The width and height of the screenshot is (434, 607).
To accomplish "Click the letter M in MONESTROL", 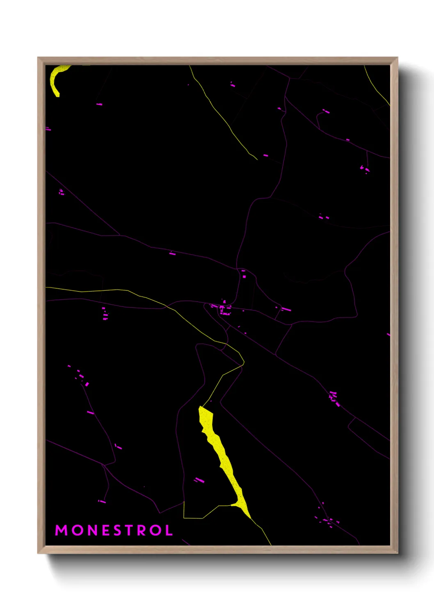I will pyautogui.click(x=61, y=530).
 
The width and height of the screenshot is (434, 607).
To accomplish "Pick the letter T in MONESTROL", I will pyautogui.click(x=130, y=530).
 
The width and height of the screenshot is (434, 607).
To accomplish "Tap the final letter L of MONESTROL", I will pyautogui.click(x=169, y=530).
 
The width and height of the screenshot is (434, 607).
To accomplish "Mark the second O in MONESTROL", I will pyautogui.click(x=155, y=530).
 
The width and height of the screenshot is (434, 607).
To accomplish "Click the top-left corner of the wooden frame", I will pyautogui.click(x=38, y=58).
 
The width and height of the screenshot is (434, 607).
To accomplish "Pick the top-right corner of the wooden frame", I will pyautogui.click(x=397, y=58).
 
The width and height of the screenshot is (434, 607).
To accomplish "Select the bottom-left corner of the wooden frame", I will pyautogui.click(x=38, y=553).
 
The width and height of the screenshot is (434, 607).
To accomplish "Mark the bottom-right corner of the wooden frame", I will pyautogui.click(x=397, y=553).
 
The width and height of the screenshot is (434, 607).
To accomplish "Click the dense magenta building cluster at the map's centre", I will pyautogui.click(x=222, y=308).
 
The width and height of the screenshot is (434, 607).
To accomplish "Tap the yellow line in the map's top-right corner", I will pyautogui.click(x=377, y=86).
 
